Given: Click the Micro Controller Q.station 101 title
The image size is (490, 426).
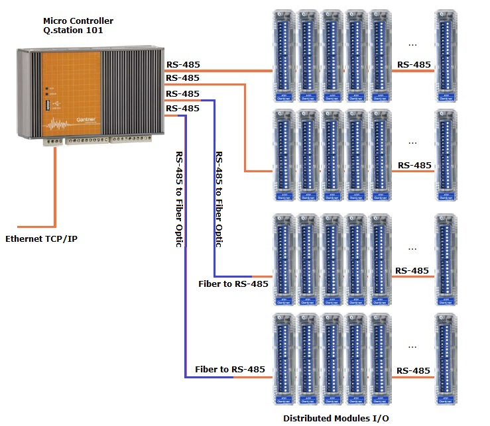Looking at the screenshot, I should tap(78, 26).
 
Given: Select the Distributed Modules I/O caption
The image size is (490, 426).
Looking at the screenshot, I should tap(336, 417).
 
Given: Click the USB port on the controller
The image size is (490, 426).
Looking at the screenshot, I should tap(47, 105).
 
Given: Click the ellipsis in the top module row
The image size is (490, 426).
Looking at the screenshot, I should tap(412, 44).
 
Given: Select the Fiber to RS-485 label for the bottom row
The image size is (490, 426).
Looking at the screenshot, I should tap(230, 369).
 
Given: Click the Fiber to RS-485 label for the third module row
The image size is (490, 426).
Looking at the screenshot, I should tap(233, 284).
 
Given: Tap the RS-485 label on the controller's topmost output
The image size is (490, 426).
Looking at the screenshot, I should tap(182, 65).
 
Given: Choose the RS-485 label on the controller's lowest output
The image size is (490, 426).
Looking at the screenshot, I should tap(182, 108).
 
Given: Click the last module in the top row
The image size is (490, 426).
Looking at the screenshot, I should tap(446, 55).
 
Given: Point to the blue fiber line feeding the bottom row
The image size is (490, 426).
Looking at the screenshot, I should tap(186, 265).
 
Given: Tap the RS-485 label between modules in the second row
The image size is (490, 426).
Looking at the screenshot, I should tap(414, 165).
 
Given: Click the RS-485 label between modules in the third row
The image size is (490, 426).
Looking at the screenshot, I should tap(411, 270).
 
